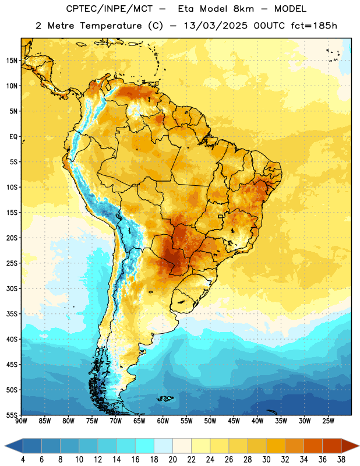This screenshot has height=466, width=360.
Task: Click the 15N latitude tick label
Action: [12, 61]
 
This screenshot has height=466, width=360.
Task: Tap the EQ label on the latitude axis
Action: [13, 137]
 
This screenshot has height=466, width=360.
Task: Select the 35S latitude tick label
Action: [12, 314]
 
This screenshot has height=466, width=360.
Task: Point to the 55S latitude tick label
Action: [12, 415]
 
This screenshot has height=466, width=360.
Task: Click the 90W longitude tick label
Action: [21, 421]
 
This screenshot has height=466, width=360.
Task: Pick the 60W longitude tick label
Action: [163, 421]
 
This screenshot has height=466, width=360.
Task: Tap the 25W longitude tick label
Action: [328, 421]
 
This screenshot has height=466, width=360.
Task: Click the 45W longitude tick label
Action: [234, 421]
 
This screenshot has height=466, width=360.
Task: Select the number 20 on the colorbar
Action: [172, 460]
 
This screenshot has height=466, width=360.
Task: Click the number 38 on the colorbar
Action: [341, 460]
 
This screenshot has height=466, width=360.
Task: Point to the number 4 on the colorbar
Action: [23, 460]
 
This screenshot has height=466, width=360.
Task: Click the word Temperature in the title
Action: [111, 26]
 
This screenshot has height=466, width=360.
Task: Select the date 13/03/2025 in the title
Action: [216, 26]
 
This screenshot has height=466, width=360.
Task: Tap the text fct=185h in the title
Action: [314, 26]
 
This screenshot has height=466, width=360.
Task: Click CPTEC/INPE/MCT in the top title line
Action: [109, 9]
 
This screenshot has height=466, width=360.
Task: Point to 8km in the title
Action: [243, 9]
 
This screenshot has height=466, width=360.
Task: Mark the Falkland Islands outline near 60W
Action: [165, 398]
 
